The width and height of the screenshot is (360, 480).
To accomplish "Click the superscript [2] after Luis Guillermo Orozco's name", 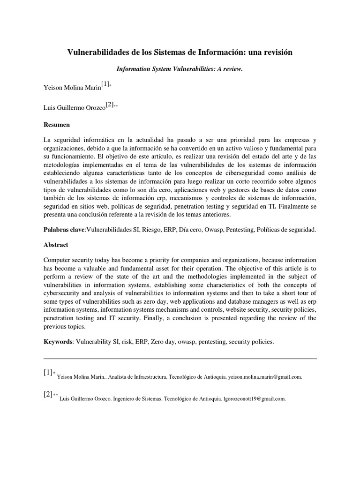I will (x=109, y=105).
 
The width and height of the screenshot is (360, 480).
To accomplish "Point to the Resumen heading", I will (x=57, y=125).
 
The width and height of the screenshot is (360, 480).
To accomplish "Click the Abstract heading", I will (x=56, y=245).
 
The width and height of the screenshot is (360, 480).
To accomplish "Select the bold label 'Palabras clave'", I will (x=64, y=230).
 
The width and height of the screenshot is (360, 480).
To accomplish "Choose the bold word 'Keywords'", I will (x=58, y=342).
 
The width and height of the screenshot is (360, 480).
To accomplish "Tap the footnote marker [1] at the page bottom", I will (x=48, y=372).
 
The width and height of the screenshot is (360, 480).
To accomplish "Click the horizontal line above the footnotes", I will (x=180, y=358).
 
